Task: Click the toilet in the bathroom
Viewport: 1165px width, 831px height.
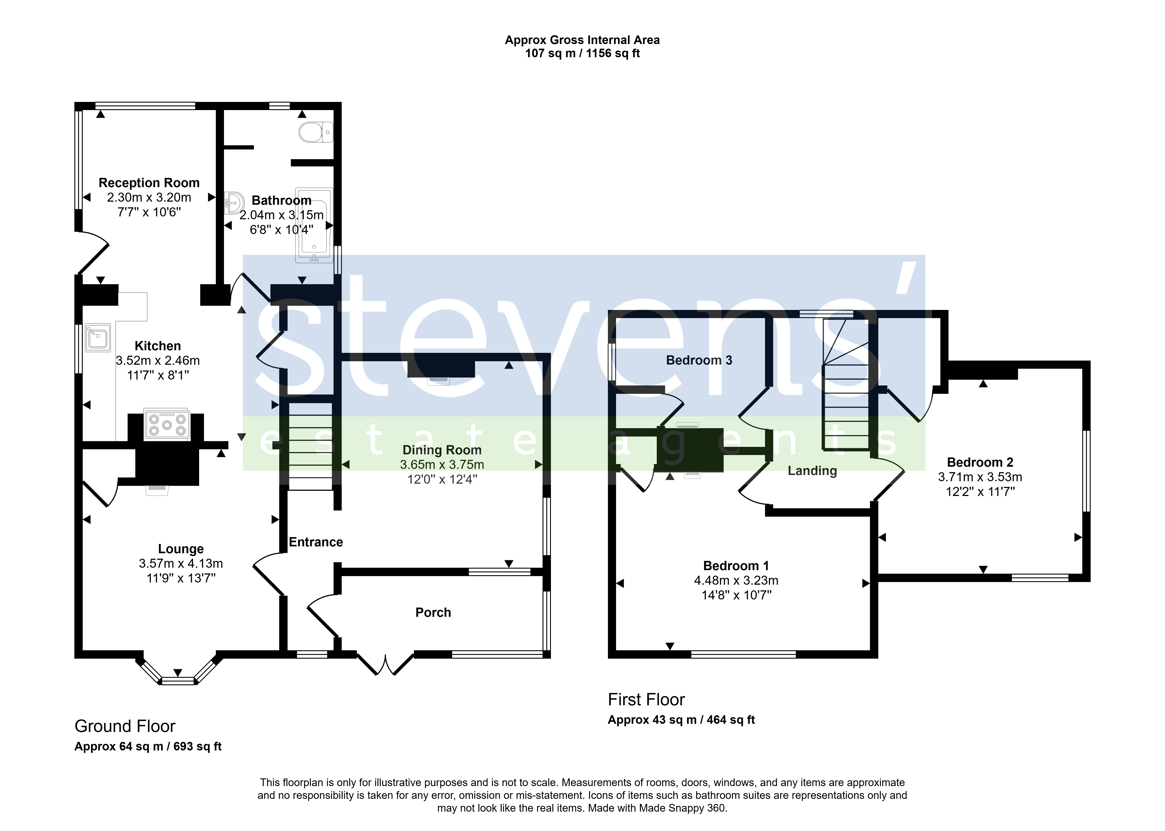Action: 316,132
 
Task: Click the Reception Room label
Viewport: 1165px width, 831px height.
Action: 149,183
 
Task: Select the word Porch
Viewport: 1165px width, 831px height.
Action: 433,612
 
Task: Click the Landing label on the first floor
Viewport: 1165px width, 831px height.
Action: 812,471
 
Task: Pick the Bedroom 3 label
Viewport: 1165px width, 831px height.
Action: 699,360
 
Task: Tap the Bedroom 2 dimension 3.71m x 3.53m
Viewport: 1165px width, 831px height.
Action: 980,477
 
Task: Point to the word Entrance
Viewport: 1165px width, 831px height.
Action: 316,542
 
